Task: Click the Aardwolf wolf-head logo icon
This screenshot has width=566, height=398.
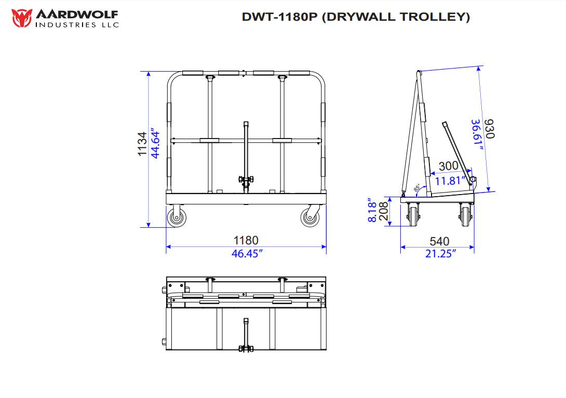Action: tap(21, 18)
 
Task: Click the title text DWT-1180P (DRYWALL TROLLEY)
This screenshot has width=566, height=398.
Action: tap(356, 17)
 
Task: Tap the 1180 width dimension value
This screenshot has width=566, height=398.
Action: tap(246, 241)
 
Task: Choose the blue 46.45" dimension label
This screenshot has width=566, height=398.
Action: tap(247, 253)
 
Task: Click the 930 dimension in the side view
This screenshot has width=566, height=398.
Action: tap(489, 129)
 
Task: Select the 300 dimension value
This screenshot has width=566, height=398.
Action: tap(448, 166)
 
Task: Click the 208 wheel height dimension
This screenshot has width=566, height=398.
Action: tap(384, 212)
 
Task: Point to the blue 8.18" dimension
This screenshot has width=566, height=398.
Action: tap(372, 210)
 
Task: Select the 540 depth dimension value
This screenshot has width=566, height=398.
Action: tap(439, 241)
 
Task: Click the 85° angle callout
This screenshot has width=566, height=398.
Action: tap(416, 188)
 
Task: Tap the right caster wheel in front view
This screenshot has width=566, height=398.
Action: tap(310, 218)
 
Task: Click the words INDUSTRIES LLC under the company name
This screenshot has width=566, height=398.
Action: tap(77, 24)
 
